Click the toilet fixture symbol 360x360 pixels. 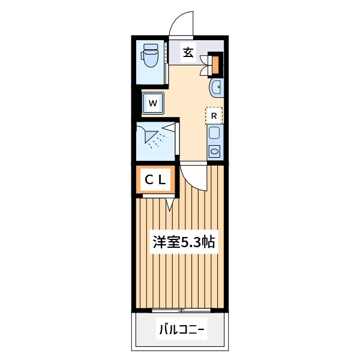coord(150,55)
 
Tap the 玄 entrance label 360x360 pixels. coord(188,53)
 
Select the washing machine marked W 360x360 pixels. coord(152,103)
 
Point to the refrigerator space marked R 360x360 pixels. coord(214,116)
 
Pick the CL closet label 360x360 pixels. coord(155,180)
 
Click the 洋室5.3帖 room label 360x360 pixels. coord(184,242)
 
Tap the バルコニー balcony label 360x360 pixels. coord(182,329)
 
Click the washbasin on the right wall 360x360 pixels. coord(216,88)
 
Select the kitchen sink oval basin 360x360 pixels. coord(215,152)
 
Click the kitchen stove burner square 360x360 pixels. coord(214,133)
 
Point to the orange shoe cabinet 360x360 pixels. coord(215,65)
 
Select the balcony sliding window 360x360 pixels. coord(181,310)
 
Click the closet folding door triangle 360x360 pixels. coord(170,204)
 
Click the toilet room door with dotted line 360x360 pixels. coord(166,62)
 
